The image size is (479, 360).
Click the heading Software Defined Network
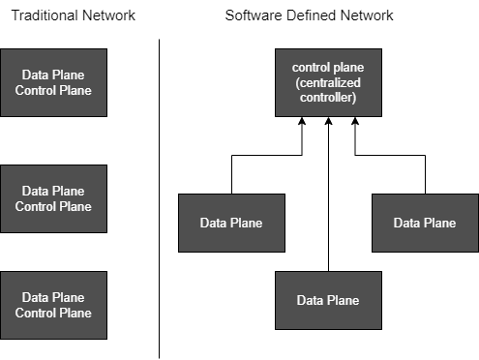pos(309,15)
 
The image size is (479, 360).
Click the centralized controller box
pos(329,82)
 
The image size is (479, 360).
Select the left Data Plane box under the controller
pos(232,223)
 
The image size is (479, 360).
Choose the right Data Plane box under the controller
pos(425,223)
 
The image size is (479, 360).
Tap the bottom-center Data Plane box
pos(328,300)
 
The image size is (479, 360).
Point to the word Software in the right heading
pos(251,15)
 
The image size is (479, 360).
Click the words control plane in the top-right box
pos(329,67)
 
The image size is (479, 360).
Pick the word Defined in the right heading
pos(309,15)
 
